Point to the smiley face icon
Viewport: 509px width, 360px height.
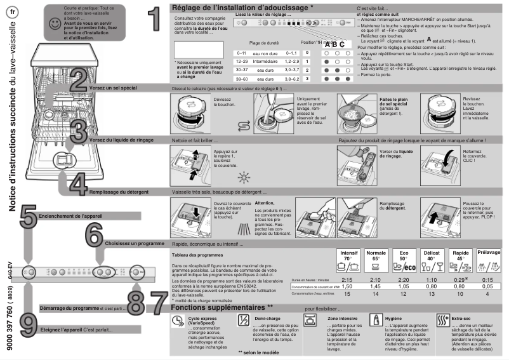55,23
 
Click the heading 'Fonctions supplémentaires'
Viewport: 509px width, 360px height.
222,308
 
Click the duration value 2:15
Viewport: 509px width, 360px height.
347,279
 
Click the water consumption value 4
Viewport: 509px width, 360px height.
487,294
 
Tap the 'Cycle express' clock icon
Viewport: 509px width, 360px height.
178,321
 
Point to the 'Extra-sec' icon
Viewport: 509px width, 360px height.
442,321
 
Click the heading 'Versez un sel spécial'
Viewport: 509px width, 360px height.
118,88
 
